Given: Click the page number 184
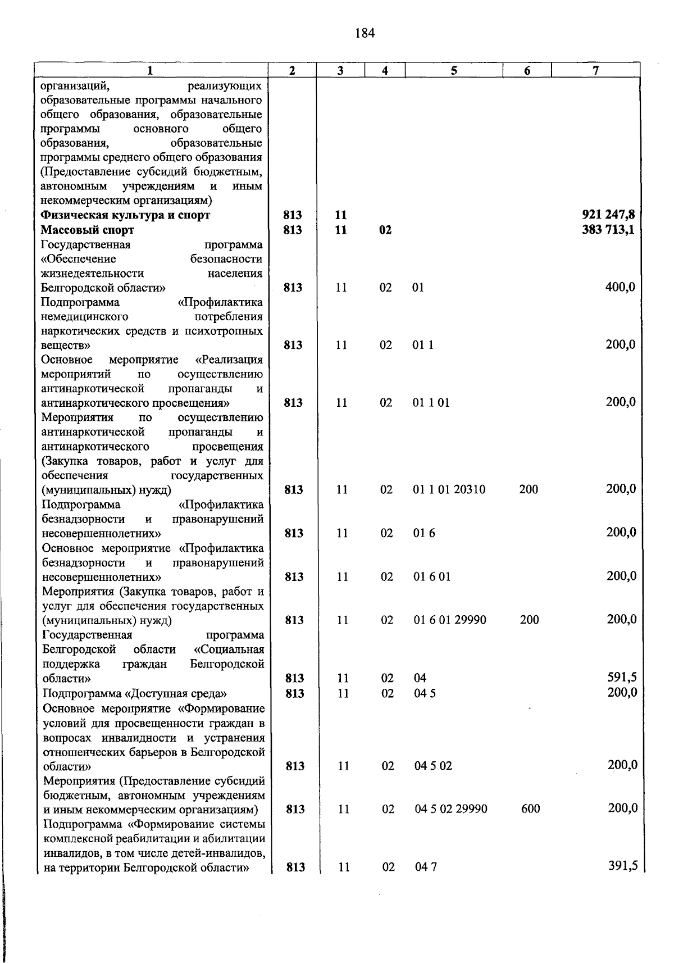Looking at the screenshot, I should click(365, 33).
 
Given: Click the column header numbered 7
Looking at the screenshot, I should click(595, 70).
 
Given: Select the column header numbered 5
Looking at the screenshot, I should click(453, 70).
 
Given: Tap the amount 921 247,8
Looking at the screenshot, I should click(608, 215).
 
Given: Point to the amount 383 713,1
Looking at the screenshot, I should click(608, 229).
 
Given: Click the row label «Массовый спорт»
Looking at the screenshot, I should click(88, 230).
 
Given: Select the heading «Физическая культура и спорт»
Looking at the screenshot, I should click(125, 215).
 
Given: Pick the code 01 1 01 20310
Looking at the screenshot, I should click(449, 489).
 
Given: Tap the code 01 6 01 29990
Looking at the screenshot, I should click(450, 620).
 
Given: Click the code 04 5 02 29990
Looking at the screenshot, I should click(451, 809).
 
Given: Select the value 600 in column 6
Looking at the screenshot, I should click(530, 809).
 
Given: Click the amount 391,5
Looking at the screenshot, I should click(622, 866).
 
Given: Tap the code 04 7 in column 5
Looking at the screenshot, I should click(426, 867).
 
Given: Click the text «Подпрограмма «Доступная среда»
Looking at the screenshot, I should click(135, 693).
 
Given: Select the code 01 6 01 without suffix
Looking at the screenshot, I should click(431, 576).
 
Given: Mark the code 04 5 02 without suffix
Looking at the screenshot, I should click(433, 766).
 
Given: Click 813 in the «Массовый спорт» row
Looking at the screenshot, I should click(293, 230).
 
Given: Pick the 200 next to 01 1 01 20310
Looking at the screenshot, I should click(529, 489).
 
